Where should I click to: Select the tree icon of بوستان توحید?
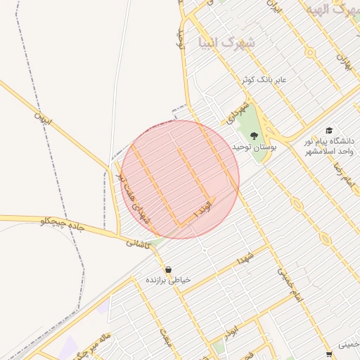point(255,135)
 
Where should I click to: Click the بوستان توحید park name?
point(255,147)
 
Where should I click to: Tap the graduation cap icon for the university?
point(329,130)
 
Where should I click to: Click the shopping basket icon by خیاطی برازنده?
point(169,269)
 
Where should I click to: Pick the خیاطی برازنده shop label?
point(168,280)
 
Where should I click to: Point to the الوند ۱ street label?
point(201,212)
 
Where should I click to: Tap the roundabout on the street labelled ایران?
point(309,52)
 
